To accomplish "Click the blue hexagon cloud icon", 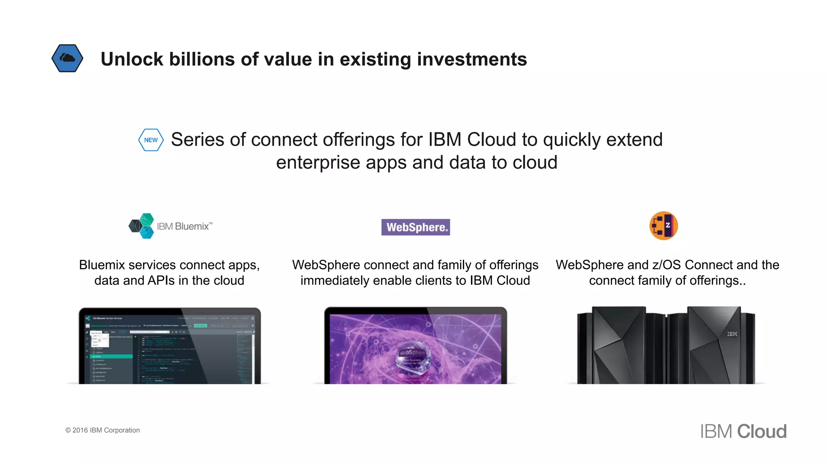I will coord(68,58).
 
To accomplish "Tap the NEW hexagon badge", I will coord(151,140).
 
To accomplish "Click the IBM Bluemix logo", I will coord(170,226).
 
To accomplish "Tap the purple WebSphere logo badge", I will coord(416,227).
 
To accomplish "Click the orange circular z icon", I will coord(663,226).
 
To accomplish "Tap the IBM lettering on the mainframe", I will coord(732,334).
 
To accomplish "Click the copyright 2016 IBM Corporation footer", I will coord(103,430).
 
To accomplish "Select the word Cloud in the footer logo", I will coord(762,432).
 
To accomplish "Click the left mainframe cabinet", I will coord(619,346).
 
